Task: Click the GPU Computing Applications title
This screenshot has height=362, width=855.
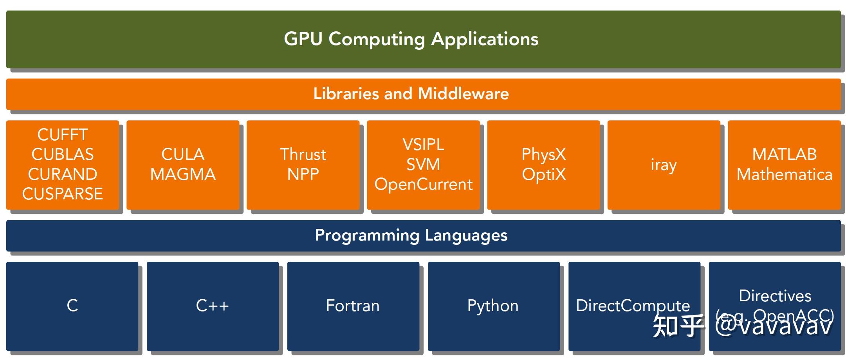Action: coord(411,39)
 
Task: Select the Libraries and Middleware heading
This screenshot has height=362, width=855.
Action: coord(411,94)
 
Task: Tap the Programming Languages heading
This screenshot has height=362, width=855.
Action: coord(411,235)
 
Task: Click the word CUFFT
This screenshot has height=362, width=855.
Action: coord(63,135)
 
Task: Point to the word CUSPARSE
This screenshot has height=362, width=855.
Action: coord(63,194)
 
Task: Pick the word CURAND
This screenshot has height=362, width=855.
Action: coord(63,174)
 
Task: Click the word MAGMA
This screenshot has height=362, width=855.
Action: coord(183,174)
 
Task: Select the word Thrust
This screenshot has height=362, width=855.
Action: coord(303,154)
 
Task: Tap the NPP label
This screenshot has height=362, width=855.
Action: coord(303,174)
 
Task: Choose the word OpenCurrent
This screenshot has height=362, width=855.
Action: coord(424,185)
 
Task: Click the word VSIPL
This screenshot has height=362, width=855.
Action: coord(424,145)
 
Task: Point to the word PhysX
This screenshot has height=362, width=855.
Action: coord(544,154)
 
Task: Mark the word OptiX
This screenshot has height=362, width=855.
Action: coord(544,174)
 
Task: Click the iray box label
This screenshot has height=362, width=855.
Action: coord(664,165)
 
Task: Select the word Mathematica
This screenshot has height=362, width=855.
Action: coord(785,174)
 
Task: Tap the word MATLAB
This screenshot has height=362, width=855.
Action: coord(785,154)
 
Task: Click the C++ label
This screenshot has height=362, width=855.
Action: coord(212,306)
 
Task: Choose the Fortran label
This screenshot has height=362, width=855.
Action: coord(353,306)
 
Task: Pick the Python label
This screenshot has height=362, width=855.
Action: coord(493,306)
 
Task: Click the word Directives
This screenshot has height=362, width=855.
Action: coord(775,296)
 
